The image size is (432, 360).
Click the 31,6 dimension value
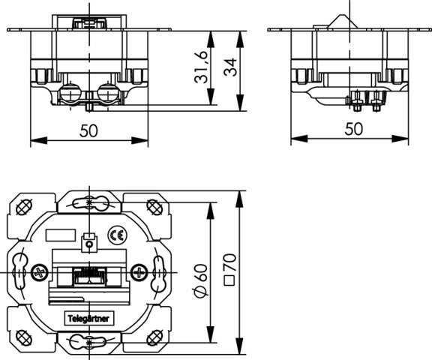coord(200,67)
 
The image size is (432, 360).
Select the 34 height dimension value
coord(230,67)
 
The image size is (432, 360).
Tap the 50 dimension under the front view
coord(88,130)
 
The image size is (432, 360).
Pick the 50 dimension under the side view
coord(354,129)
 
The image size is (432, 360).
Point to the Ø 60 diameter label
coord(200,280)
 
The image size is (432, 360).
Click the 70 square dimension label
coord(229,269)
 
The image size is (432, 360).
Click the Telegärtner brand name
coord(88,319)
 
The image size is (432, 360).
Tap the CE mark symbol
coord(117,235)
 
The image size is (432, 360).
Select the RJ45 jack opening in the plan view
coord(89,276)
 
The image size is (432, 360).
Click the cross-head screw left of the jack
coord(40,273)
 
